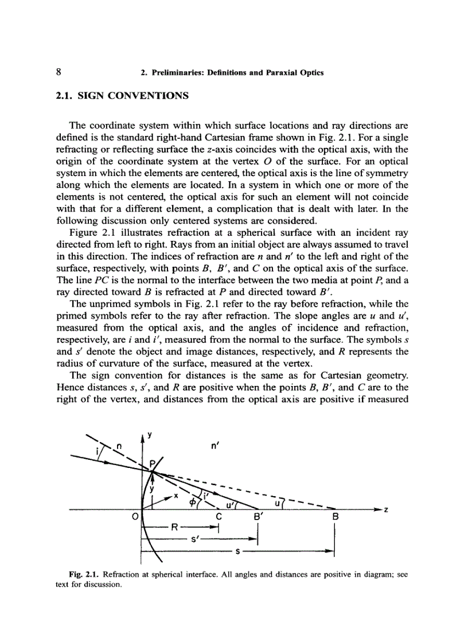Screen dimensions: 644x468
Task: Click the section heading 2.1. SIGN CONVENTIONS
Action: point(122,96)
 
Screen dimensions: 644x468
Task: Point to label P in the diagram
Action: point(153,463)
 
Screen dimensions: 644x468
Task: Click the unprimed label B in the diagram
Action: point(336,517)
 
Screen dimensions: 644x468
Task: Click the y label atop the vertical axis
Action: point(149,435)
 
